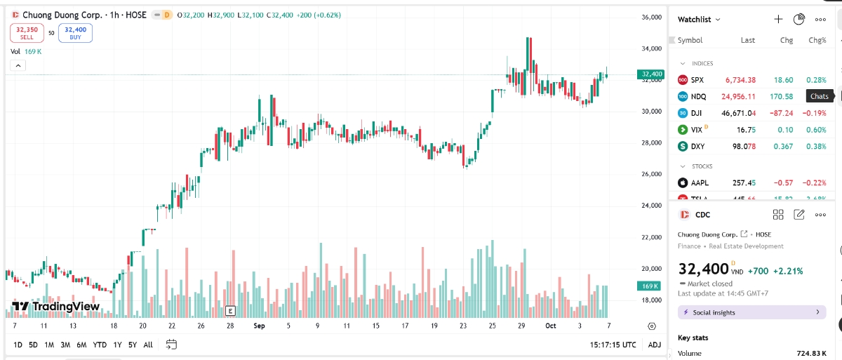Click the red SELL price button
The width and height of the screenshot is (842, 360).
pyautogui.click(x=27, y=32)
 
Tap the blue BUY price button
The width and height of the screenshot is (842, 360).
pyautogui.click(x=75, y=32)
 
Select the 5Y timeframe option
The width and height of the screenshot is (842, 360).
pyautogui.click(x=133, y=345)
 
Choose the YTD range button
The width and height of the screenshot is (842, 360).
pyautogui.click(x=100, y=345)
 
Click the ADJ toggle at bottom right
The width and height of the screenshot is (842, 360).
pyautogui.click(x=654, y=345)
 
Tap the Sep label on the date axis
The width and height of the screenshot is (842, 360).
pyautogui.click(x=259, y=326)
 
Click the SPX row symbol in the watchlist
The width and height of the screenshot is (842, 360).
pyautogui.click(x=697, y=80)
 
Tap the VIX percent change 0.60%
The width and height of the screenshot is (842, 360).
pyautogui.click(x=816, y=130)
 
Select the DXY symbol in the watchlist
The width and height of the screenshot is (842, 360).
pyautogui.click(x=697, y=146)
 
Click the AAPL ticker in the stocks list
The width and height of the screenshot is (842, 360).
pyautogui.click(x=700, y=183)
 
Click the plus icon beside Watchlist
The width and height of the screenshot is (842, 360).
pyautogui.click(x=778, y=19)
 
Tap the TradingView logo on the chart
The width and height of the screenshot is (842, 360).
pyautogui.click(x=56, y=307)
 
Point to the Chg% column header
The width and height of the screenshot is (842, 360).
pyautogui.click(x=817, y=40)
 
